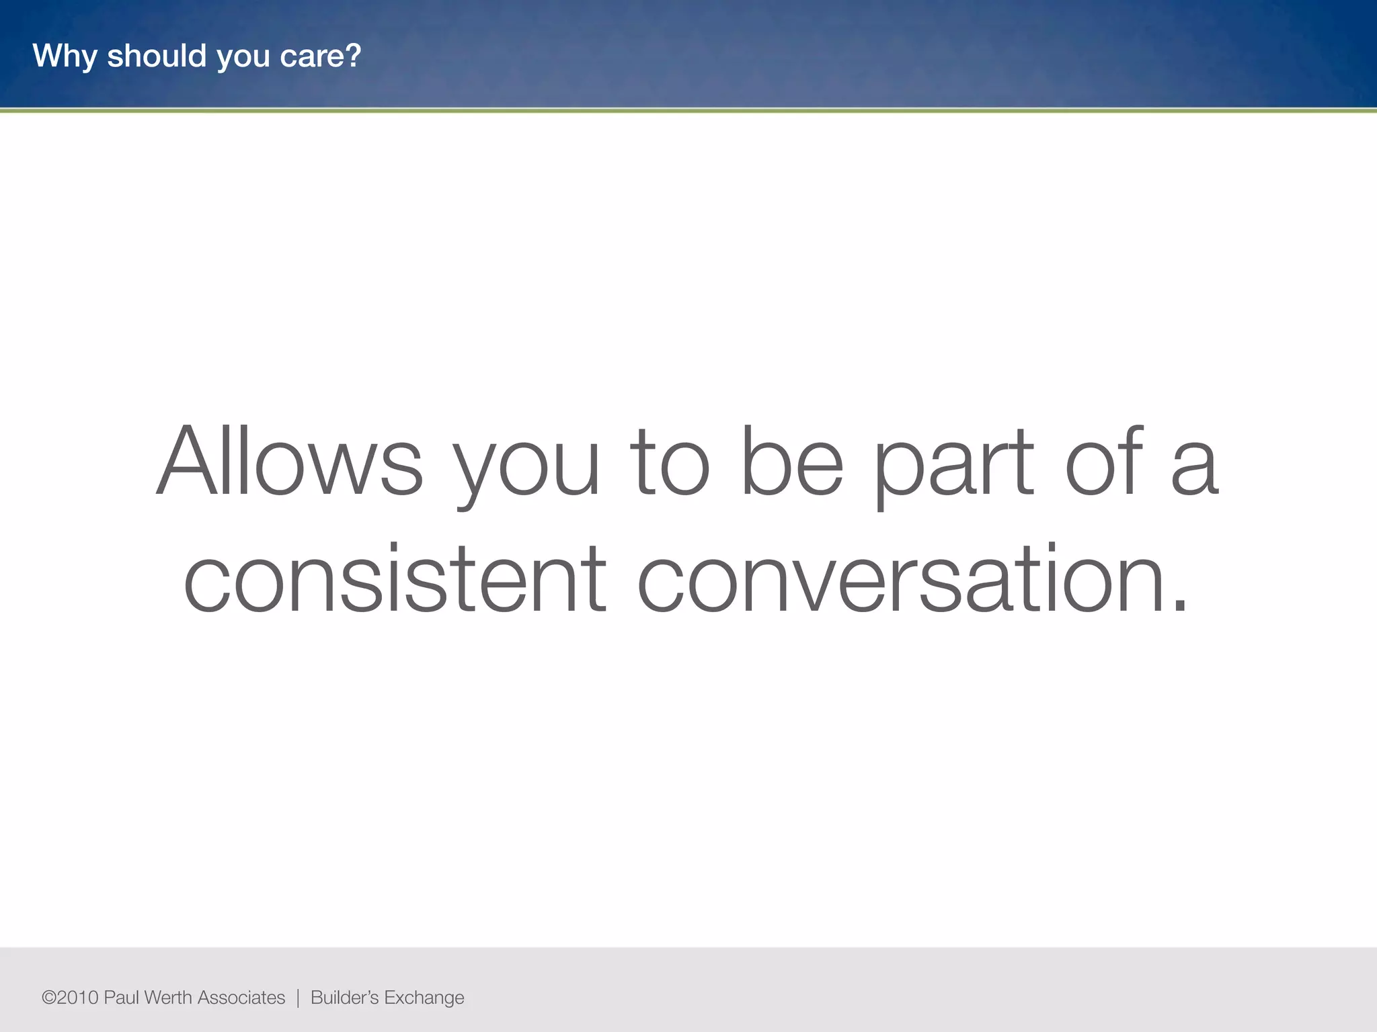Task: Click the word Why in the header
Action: (x=65, y=56)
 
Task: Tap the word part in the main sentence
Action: (x=953, y=464)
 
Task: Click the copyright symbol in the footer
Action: (x=48, y=998)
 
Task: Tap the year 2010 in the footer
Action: (x=78, y=998)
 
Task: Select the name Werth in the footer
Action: (x=168, y=998)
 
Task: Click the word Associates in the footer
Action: (x=241, y=998)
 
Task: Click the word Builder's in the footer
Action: (x=344, y=998)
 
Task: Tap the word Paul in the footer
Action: (x=122, y=998)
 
